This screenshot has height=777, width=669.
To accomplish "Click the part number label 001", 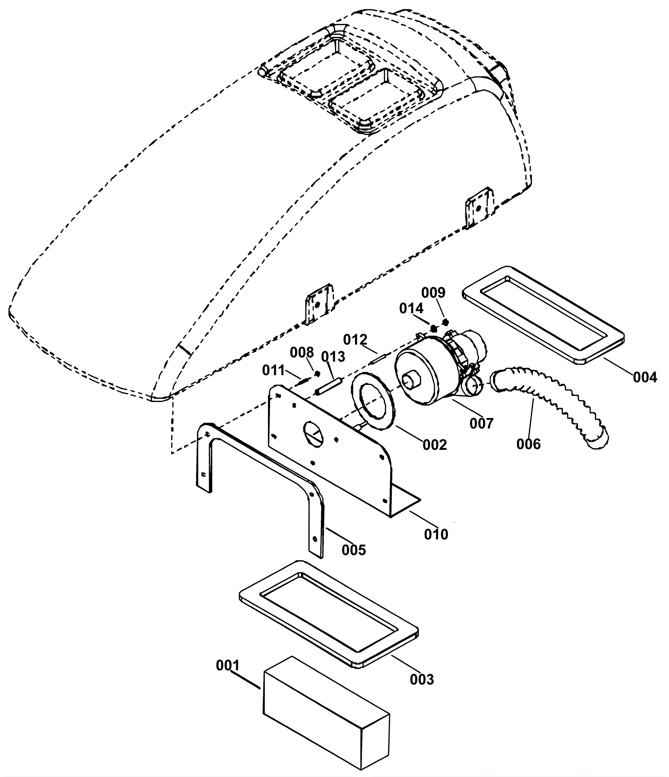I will click(227, 665).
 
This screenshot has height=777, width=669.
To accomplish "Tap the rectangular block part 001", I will click(326, 711).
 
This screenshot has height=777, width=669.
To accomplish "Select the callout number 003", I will click(421, 679).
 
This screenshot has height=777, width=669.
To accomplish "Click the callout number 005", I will click(354, 549).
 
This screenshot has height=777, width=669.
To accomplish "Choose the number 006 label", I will click(529, 444).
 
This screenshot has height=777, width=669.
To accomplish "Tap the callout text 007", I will click(482, 423).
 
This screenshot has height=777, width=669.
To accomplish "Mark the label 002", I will click(435, 444).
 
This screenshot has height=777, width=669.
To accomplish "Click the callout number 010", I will click(436, 534).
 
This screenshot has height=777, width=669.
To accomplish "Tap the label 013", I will click(333, 356).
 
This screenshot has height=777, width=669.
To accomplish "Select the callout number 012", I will click(355, 339).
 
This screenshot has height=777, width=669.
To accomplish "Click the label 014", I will click(411, 308).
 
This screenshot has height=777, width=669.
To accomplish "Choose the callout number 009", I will click(433, 292).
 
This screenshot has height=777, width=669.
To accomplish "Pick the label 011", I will click(273, 370).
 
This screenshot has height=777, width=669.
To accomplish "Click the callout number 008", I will click(302, 352).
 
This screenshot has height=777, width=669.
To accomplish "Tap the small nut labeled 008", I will click(317, 373).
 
